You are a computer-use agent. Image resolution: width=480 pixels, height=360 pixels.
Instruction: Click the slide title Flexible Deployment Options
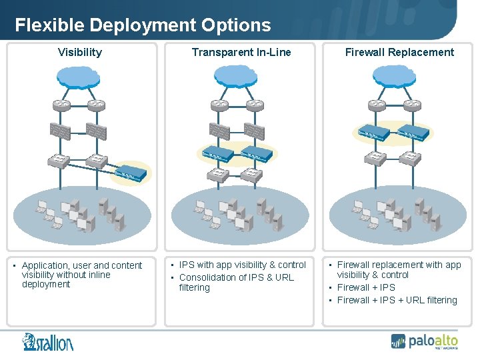[x=143, y=25]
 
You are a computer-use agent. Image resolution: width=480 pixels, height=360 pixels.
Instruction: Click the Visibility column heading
[x=80, y=52]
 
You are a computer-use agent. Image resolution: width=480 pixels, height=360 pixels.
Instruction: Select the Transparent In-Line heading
[x=241, y=52]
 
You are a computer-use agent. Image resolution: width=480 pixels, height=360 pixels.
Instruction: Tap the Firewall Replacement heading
[x=399, y=52]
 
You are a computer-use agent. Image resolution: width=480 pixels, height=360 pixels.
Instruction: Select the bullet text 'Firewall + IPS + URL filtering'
[x=397, y=300]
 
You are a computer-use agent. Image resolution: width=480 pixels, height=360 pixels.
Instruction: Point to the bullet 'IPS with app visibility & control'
[x=243, y=265]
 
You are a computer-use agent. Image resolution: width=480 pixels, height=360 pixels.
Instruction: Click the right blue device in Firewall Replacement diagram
[x=414, y=133]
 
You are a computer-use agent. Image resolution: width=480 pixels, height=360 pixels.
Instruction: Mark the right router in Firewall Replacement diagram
[x=412, y=105]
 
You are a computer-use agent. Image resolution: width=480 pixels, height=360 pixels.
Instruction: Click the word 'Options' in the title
[x=237, y=25]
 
